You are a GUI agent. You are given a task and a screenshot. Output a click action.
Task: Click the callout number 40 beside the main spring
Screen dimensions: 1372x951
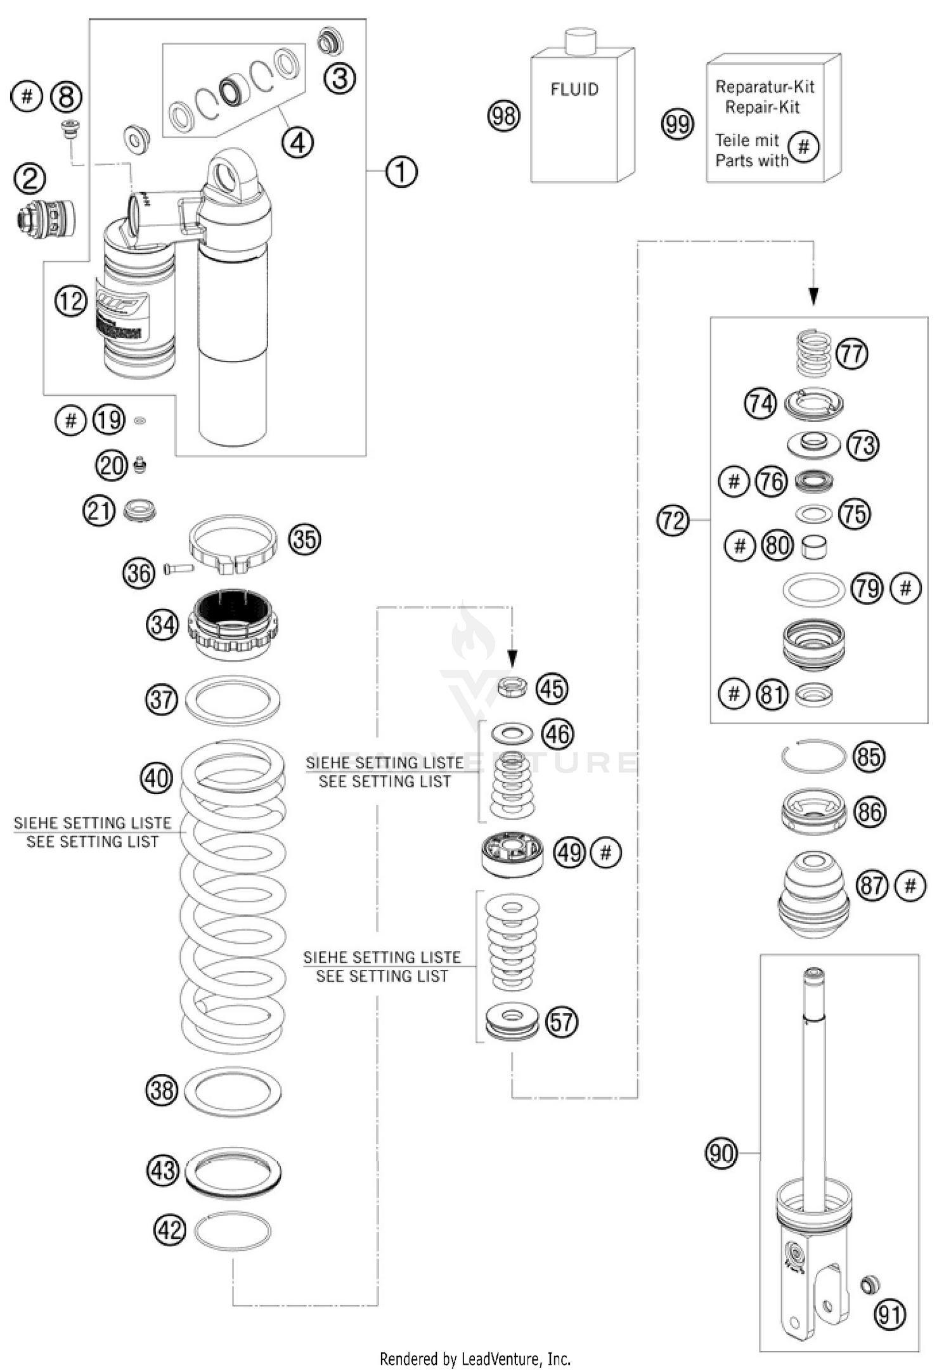pos(157,778)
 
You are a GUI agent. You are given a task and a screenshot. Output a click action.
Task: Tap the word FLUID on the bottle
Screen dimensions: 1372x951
pos(574,89)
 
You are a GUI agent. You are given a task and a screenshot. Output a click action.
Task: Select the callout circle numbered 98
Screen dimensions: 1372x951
pos(504,116)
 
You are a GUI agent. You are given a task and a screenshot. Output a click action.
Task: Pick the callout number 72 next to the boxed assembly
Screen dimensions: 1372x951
pos(673,521)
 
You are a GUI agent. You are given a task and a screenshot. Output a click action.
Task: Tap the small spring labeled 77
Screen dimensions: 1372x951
pos(813,353)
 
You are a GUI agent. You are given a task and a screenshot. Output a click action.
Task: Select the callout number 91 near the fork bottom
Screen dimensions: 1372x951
pos(890,1315)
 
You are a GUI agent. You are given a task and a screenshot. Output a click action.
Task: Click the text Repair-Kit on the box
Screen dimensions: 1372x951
pos(762,107)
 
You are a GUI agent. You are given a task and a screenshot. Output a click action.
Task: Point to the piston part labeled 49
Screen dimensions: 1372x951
pos(512,854)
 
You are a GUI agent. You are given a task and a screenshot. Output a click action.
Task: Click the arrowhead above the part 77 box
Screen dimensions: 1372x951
pos(813,296)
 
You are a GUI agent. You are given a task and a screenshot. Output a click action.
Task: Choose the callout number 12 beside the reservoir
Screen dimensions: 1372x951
pos(71,301)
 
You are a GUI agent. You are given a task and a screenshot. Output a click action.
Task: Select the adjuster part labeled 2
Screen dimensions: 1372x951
pos(46,218)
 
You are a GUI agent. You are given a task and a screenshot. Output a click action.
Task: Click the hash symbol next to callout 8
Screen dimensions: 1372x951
pos(27,96)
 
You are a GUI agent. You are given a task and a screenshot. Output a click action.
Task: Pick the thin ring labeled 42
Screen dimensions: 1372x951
pos(233,1231)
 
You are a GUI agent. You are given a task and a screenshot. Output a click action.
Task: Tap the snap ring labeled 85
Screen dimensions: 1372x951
pos(813,756)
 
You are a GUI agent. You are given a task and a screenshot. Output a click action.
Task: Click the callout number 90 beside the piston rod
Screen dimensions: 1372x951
pos(721,1153)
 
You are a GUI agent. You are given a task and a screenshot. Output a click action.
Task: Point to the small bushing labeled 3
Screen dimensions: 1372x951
pos(330,41)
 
